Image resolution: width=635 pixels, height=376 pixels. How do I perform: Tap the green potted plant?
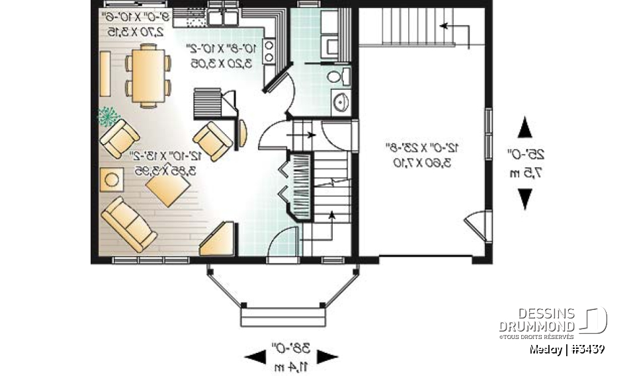point(106,116)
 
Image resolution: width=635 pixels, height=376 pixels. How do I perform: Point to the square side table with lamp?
point(112,179)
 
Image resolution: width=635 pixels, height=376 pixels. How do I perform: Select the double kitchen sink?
point(224,17)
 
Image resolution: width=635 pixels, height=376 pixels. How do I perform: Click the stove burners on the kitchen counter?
point(269,51)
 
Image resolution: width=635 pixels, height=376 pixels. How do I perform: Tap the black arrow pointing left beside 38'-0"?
point(256,357)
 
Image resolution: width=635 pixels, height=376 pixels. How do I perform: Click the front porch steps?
point(283,319)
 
